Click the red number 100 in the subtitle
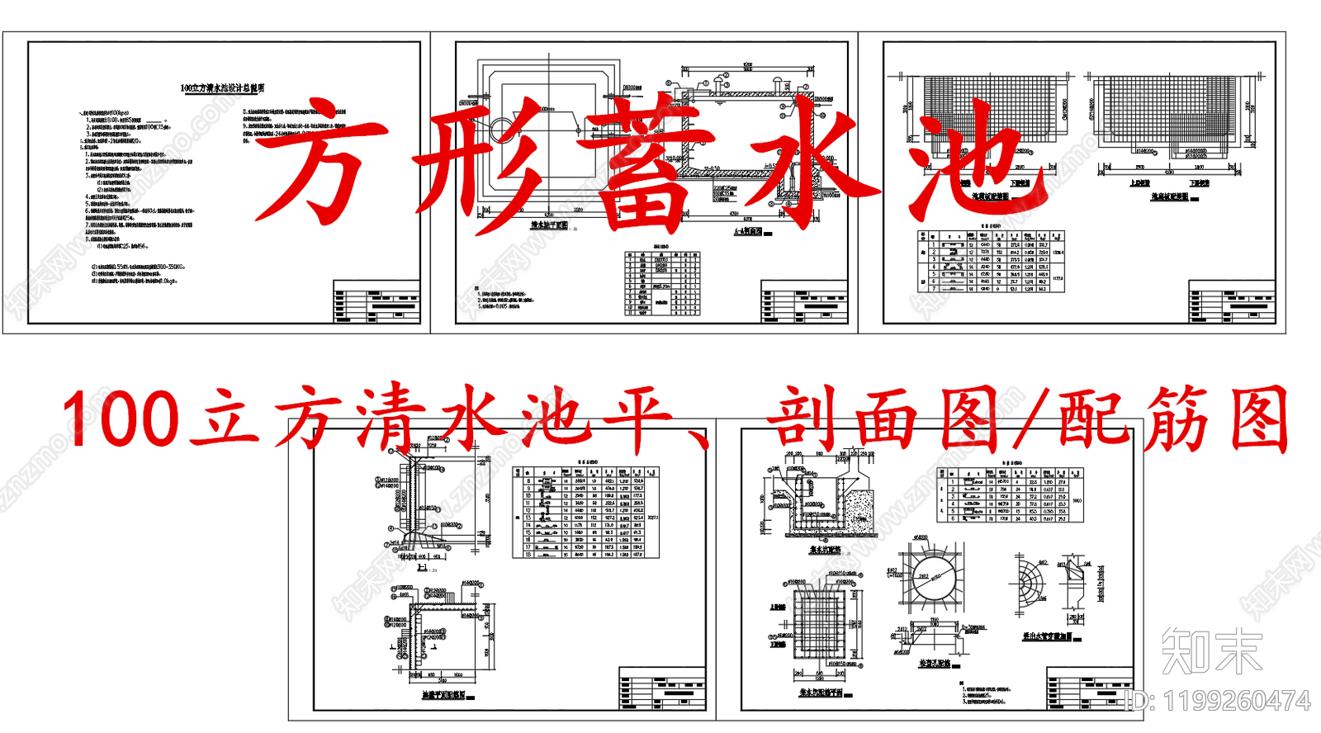(x=120, y=419)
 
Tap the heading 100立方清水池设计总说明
(x=222, y=88)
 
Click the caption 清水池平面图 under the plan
(x=549, y=225)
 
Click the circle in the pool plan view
(x=503, y=130)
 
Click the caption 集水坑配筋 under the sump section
(x=825, y=550)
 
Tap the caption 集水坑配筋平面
(x=821, y=693)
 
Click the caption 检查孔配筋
(x=935, y=664)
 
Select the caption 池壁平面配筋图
(x=443, y=696)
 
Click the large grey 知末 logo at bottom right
(x=1212, y=650)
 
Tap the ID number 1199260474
(x=1236, y=702)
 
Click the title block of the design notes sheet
(x=376, y=301)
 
